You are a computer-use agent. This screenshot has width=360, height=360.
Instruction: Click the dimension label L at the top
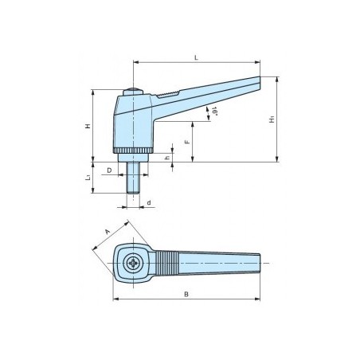coord(196,57)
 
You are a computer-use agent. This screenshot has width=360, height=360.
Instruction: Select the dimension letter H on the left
coord(88,126)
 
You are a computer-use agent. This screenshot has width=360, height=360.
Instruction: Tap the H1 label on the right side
coord(272,119)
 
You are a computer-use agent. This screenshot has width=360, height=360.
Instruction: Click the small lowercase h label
coord(166,158)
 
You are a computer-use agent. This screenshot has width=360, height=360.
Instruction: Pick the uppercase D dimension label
coord(109,170)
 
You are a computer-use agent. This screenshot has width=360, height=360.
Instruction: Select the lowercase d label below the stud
coord(149,203)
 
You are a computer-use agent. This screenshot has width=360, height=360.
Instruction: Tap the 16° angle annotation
coord(213,114)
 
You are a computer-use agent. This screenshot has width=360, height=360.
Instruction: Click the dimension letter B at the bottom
coord(186,294)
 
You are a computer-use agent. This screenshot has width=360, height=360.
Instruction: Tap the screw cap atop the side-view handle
coord(132,92)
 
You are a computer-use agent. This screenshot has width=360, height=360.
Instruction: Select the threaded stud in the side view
coord(132,178)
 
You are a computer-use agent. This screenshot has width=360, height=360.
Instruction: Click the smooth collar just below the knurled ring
coord(131,159)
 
